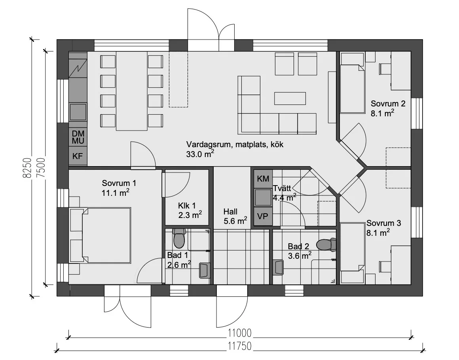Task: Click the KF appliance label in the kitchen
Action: [78, 156]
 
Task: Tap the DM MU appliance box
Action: [78, 137]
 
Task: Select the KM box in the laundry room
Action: [263, 178]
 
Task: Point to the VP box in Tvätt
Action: [263, 216]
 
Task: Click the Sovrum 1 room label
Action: [119, 183]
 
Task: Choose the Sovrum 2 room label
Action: [388, 104]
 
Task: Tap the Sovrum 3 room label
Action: [383, 223]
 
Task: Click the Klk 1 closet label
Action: [187, 205]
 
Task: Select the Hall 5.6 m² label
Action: [235, 216]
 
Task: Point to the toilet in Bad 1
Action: [179, 238]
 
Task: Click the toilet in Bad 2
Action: [326, 245]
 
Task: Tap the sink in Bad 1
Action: [204, 270]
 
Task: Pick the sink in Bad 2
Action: [278, 267]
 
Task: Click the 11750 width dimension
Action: [240, 346]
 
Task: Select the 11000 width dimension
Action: [240, 333]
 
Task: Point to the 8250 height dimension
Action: [27, 168]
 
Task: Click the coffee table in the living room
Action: [290, 99]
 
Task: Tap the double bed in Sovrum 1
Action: [100, 235]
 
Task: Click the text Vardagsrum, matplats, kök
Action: [235, 144]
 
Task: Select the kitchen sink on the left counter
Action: [78, 112]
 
